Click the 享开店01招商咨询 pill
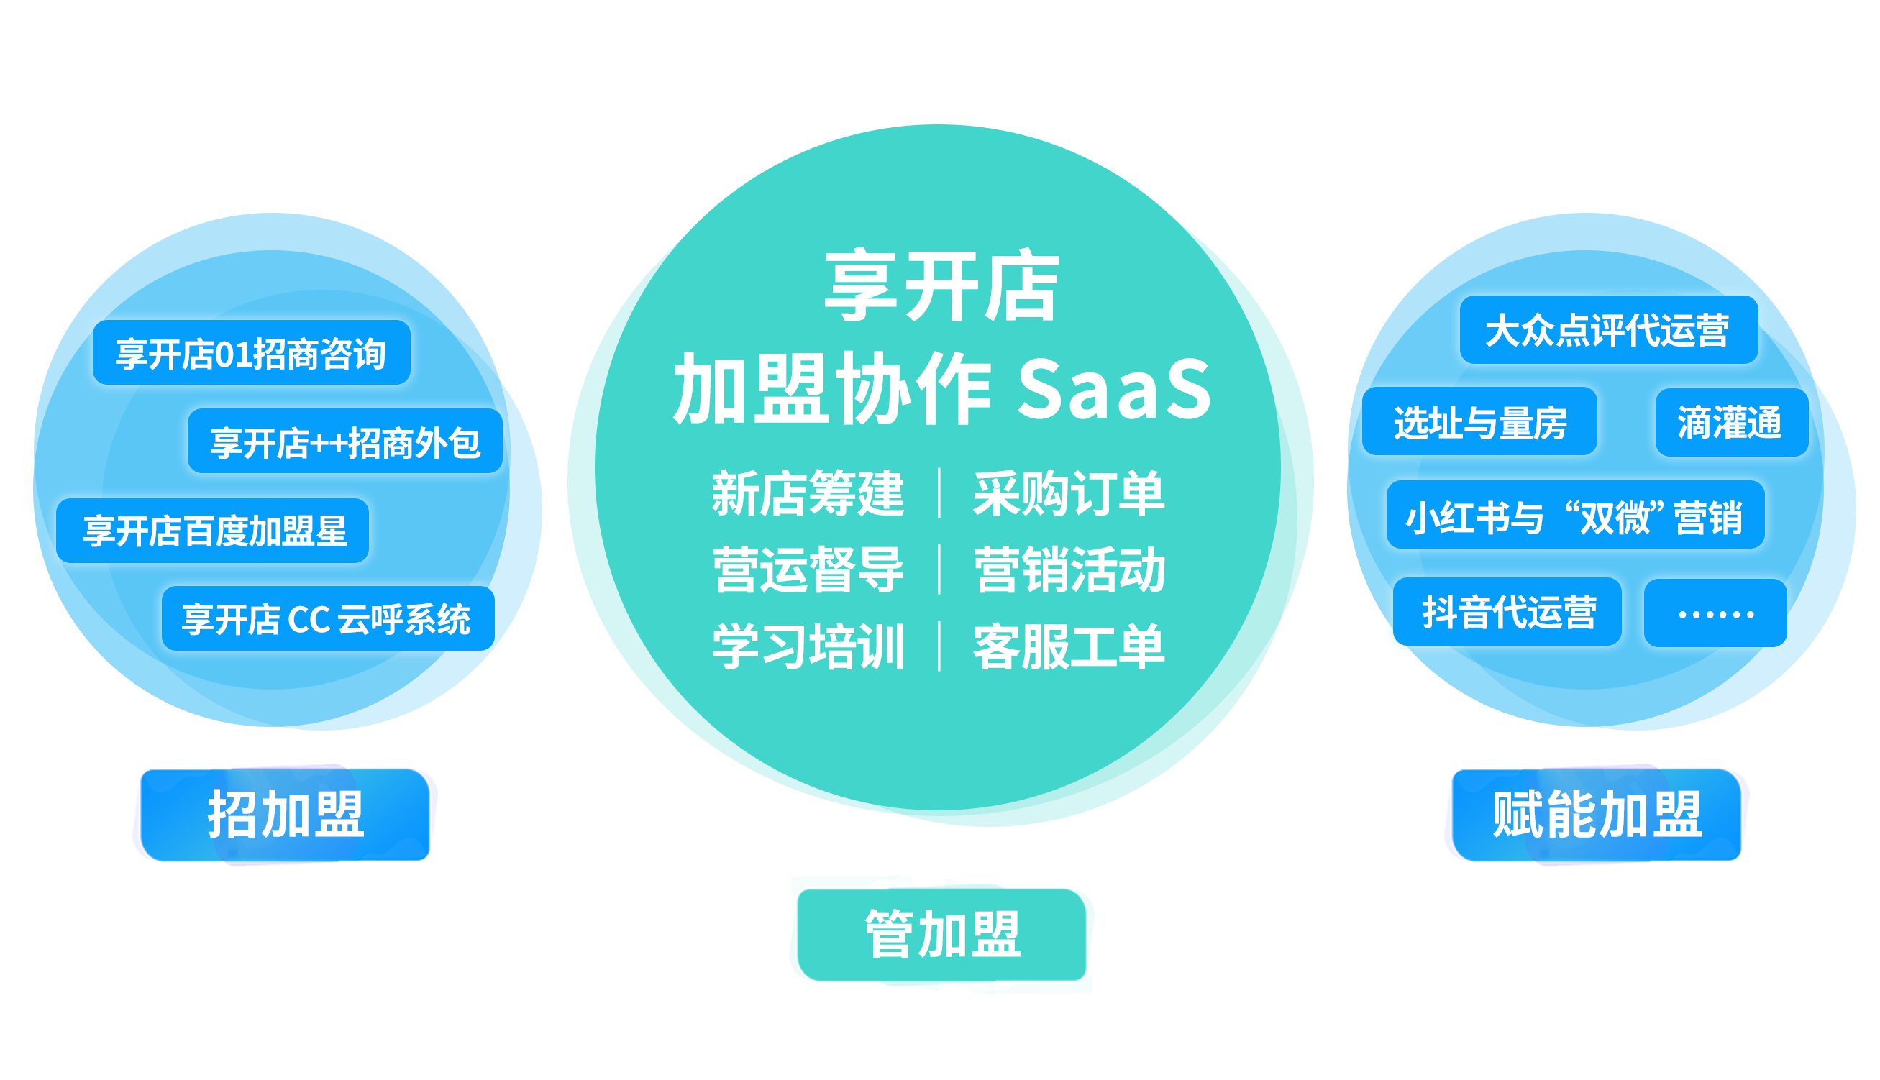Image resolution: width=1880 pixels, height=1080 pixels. [252, 352]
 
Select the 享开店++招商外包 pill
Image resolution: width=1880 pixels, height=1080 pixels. [345, 441]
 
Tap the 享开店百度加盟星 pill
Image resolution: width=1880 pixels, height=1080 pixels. [213, 531]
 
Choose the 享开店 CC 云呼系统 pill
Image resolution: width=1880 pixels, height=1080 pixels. [328, 618]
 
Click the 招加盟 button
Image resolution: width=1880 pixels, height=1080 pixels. [285, 815]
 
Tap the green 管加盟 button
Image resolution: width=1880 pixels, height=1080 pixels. [941, 935]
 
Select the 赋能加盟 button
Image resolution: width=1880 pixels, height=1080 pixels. [1597, 815]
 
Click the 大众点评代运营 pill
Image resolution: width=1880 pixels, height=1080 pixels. [1609, 329]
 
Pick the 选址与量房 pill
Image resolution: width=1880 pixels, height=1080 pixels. [1480, 421]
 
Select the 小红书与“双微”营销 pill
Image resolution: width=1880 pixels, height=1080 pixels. [1576, 515]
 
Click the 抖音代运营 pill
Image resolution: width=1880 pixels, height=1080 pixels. [1507, 612]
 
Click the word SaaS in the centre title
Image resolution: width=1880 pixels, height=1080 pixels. [1114, 388]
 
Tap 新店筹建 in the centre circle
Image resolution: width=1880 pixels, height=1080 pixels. [808, 493]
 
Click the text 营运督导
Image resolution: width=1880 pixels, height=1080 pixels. [808, 569]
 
